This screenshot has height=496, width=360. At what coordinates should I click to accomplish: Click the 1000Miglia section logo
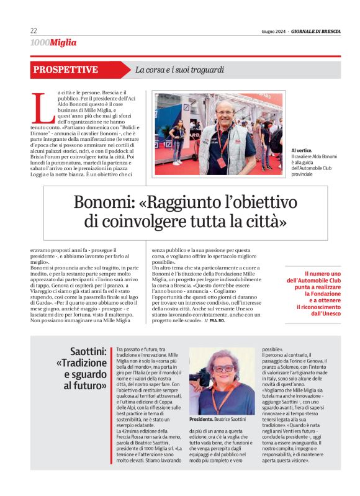(x=53, y=43)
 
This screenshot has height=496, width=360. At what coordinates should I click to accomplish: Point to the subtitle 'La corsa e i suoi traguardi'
(x=179, y=70)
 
